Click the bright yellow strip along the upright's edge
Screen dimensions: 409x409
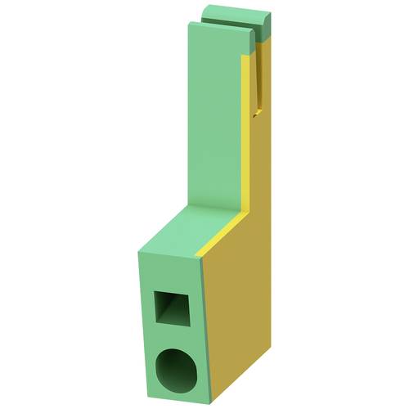[x=245, y=131]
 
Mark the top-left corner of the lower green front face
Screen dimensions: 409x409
[x=137, y=249]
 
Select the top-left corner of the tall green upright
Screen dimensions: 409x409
[x=188, y=25]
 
